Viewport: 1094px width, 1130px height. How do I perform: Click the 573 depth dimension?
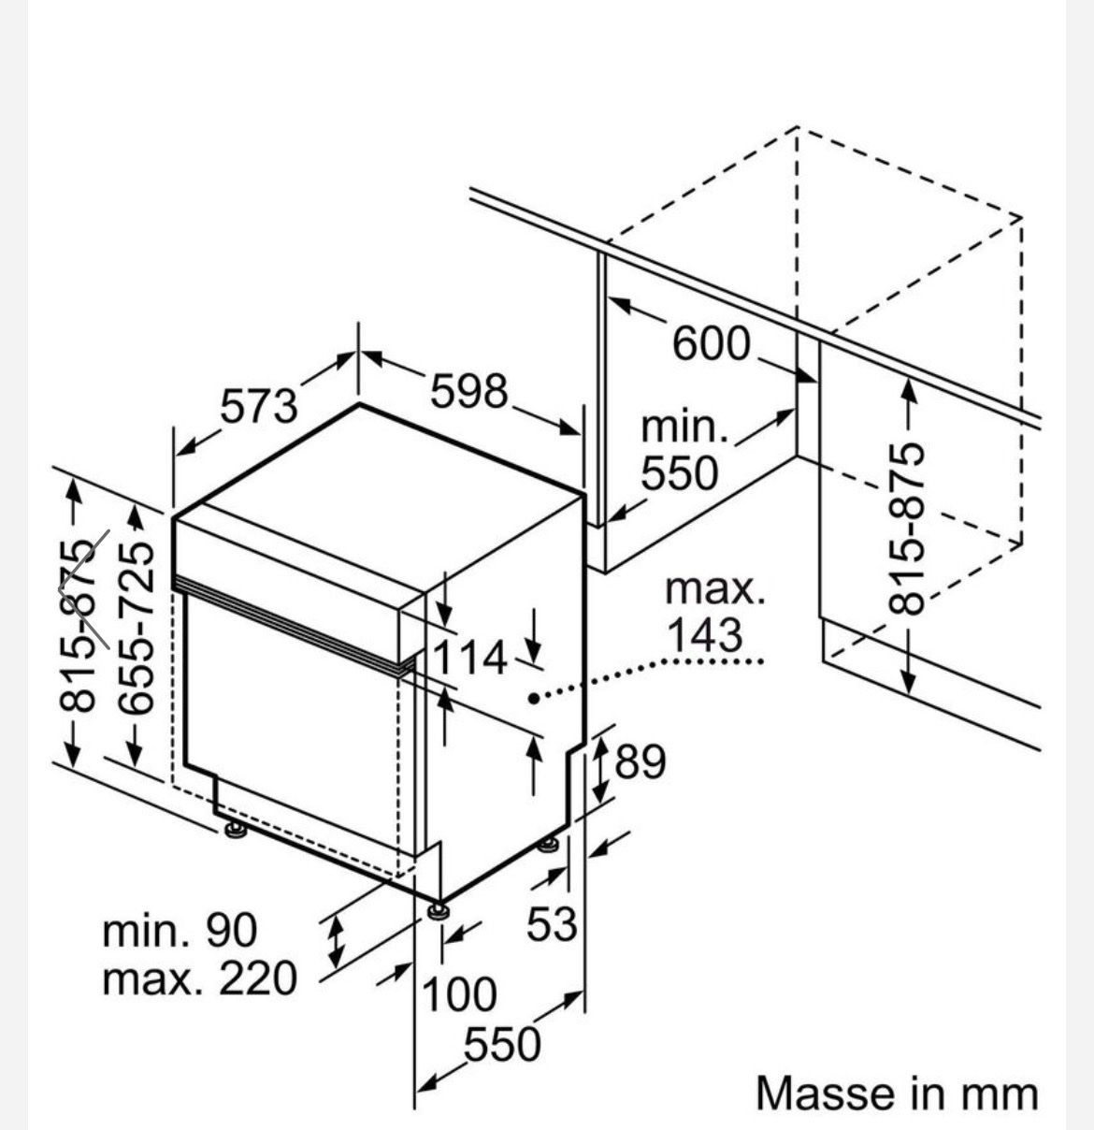tap(258, 406)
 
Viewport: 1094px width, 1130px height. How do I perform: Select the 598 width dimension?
tap(469, 391)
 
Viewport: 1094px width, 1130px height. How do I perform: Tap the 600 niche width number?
tap(711, 343)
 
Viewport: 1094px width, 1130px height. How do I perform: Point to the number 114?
tap(470, 658)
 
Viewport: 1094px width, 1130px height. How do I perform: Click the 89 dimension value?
tap(641, 761)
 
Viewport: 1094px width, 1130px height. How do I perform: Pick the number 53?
tap(552, 923)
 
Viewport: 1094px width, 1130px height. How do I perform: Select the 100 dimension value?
tap(459, 994)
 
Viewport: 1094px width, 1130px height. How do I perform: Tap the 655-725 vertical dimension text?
tap(136, 627)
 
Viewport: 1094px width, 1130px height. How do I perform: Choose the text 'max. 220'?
tap(200, 979)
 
